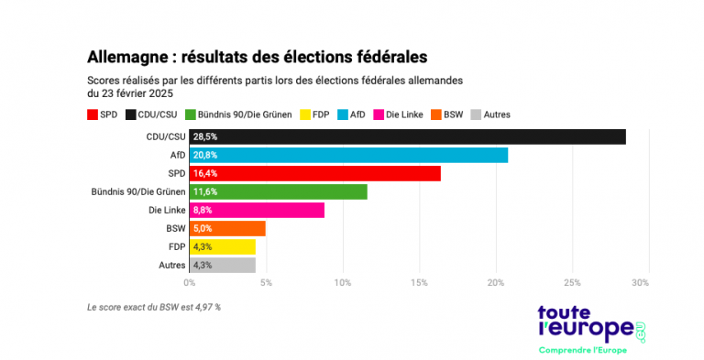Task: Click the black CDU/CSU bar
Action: pos(408,136)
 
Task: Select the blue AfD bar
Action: pos(348,155)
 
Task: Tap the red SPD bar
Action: pos(314,173)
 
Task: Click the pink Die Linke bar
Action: pos(257,210)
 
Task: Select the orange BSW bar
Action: pos(227,228)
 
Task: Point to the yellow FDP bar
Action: pos(223,246)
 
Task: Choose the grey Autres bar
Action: pos(223,265)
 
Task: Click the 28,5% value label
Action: pos(203,136)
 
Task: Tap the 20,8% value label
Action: pos(203,155)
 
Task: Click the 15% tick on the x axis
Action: pos(419,282)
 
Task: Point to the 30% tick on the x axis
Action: pos(641,282)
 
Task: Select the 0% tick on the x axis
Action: pos(190,282)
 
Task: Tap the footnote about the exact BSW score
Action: pos(153,307)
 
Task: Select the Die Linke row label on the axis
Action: pos(166,210)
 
